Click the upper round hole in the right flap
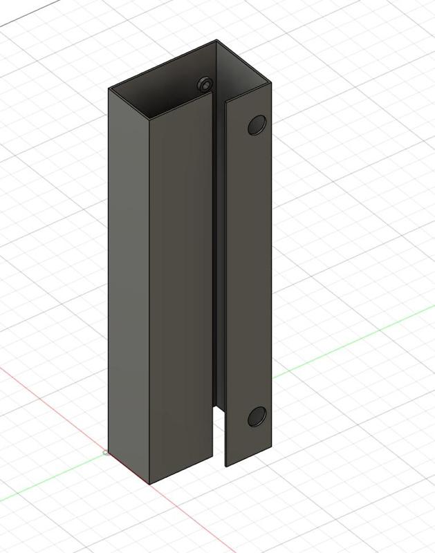click(x=257, y=125)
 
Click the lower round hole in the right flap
click(x=257, y=416)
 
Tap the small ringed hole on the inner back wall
click(x=205, y=84)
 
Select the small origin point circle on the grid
click(x=105, y=453)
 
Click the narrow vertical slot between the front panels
click(x=218, y=276)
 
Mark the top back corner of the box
click(x=216, y=41)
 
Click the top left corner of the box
click(x=109, y=88)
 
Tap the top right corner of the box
click(x=270, y=82)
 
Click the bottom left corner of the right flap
click(x=226, y=465)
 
